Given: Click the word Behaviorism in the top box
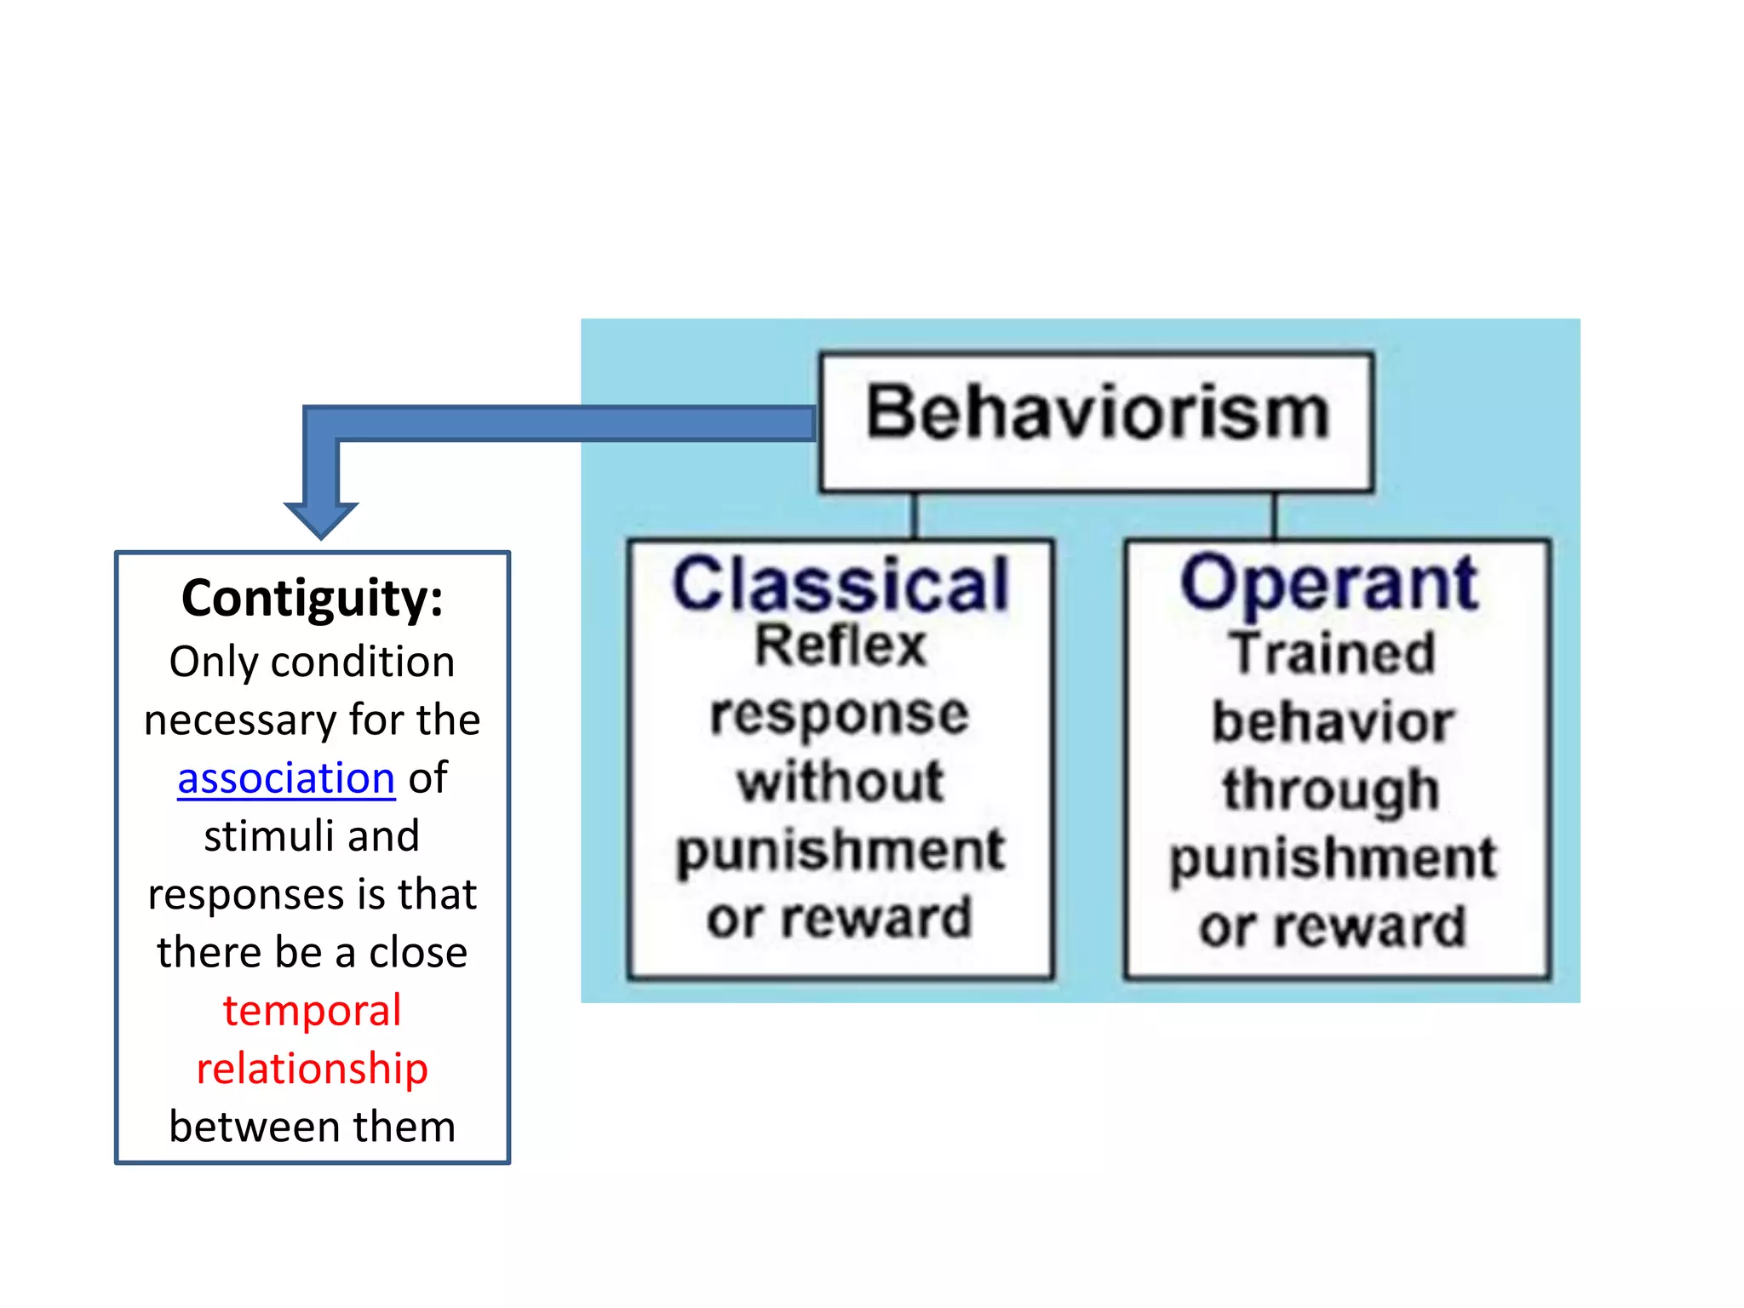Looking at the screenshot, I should (1097, 414).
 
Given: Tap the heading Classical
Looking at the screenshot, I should (840, 586).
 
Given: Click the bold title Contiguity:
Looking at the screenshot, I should (313, 599).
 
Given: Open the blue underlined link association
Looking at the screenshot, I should (286, 778).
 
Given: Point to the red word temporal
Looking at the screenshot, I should (312, 1011).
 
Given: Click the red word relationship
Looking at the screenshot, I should (312, 1069).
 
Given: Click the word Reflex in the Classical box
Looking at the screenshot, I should (840, 645).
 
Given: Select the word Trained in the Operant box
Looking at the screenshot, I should (1332, 654).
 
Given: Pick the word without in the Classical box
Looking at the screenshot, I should (840, 782).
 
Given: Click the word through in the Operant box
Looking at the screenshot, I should (1332, 790).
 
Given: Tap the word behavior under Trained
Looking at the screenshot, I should (1332, 722).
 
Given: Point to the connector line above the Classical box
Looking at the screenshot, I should (915, 515).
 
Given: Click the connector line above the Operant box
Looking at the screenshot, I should (1274, 515).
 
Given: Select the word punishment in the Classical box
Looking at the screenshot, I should (840, 851).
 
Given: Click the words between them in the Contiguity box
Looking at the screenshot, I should (312, 1127).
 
